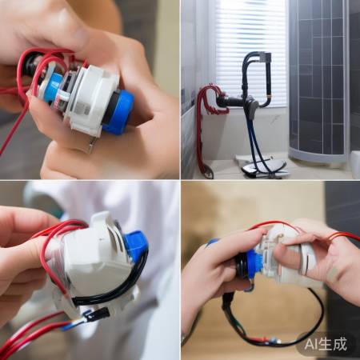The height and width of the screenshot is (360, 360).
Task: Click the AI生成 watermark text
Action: point(326,344)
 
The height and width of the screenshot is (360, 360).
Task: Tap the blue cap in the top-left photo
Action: point(119,112)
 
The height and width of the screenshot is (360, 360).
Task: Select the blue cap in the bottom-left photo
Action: point(136,244)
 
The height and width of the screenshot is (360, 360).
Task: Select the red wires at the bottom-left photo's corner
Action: point(24,336)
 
